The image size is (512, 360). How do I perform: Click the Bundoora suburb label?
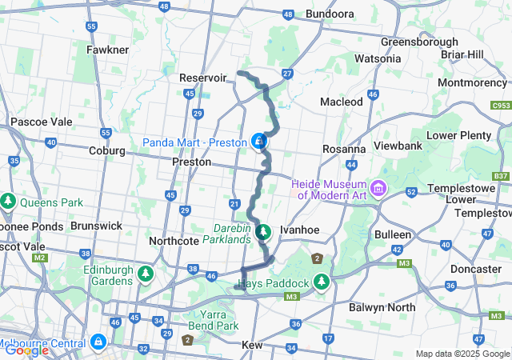330,14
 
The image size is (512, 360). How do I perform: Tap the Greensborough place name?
419,42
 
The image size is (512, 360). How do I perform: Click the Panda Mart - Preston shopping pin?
258,142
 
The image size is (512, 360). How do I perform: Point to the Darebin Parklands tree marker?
264,233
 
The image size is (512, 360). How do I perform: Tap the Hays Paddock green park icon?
321,282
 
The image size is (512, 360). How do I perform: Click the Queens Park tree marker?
8,200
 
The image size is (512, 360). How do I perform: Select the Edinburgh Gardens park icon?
145,275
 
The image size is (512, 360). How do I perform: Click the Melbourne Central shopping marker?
98,342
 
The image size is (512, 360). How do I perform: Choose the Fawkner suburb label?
107,50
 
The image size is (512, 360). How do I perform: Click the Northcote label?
174,240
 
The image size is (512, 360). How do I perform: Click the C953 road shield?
501,105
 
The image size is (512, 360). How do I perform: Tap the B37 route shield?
501,176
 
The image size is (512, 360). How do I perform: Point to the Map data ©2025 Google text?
462,354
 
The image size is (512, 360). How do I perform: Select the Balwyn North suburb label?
380,307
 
